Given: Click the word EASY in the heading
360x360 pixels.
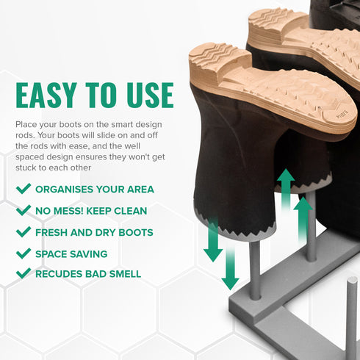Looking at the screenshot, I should pos(49,95).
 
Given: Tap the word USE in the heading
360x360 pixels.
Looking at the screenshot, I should pos(148,95).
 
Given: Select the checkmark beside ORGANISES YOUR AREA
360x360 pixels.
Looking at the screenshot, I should pos(24,189).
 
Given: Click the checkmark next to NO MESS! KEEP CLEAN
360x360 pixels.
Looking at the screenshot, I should pos(24,211).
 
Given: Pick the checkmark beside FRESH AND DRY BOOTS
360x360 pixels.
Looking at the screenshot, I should pos(24,232).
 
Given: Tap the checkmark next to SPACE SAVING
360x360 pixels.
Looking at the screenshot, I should pos(24,253).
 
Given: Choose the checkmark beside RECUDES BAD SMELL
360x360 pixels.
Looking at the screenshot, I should pos(24,274).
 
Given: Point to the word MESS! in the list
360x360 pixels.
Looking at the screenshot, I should pos(72,211).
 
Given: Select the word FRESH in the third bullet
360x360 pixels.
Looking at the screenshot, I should pos(52,232).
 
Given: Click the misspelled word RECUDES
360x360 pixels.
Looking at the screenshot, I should pos(57,274).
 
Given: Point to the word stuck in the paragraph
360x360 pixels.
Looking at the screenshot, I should pos(29,168).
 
